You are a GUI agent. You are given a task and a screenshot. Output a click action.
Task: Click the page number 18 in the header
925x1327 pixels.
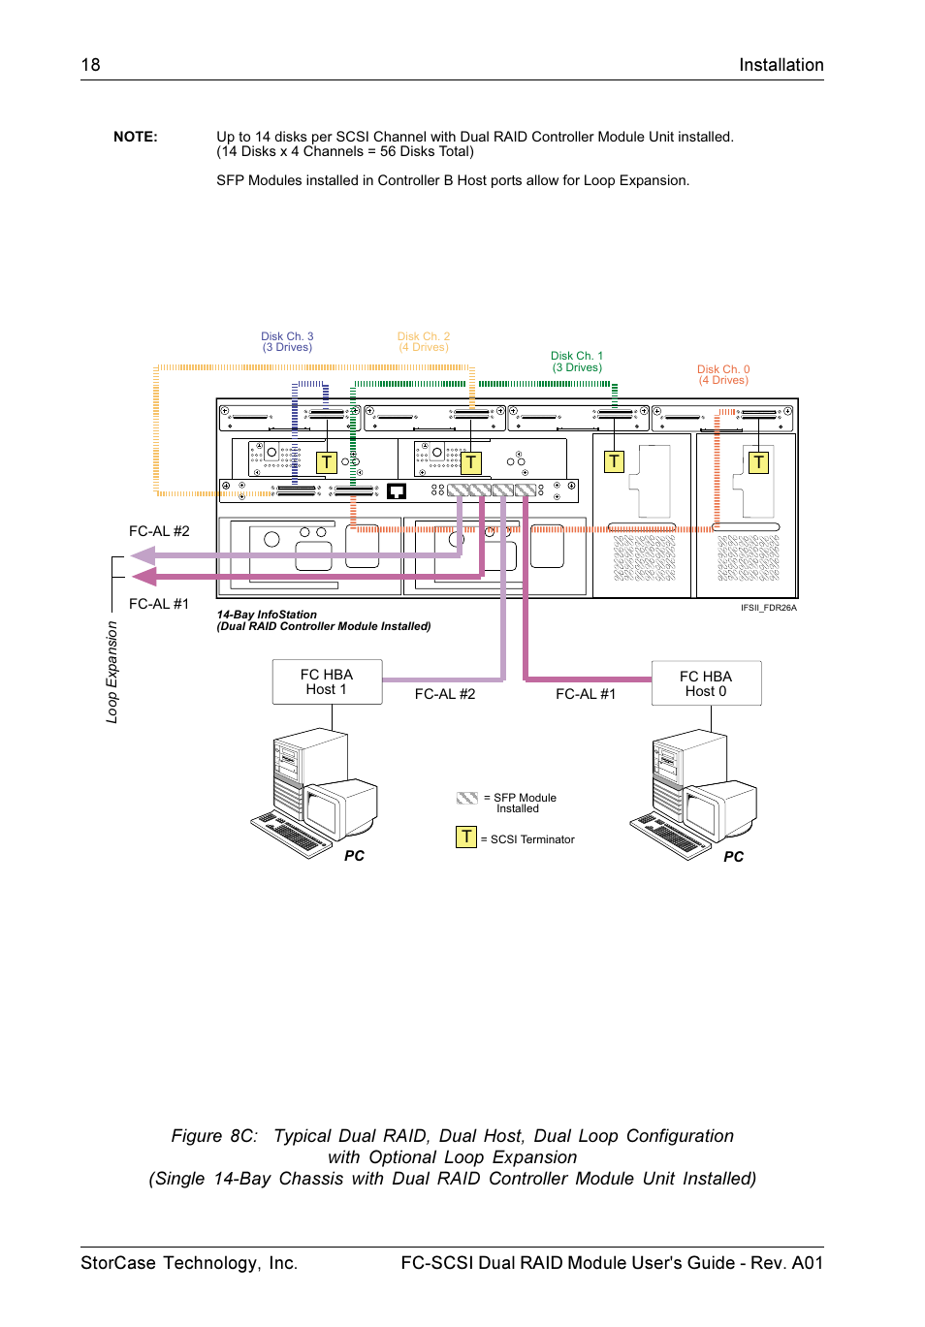pos(90,65)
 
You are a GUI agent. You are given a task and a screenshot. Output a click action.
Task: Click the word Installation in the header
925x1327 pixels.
pos(781,65)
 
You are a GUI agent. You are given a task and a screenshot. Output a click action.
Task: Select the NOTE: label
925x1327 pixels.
pos(135,137)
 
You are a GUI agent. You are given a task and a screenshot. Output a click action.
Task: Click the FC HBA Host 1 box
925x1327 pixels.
pos(327,681)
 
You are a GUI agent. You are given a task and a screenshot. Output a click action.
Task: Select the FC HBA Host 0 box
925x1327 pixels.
pos(706,683)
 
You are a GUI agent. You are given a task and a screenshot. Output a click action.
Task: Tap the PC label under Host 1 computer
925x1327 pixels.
pos(355,856)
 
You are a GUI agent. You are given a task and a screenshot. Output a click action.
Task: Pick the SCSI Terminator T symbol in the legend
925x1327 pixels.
pos(466,837)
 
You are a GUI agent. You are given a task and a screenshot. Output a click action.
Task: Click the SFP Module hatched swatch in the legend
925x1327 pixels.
pos(467,798)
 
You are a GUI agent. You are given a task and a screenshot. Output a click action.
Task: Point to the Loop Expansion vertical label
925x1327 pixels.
pos(112,672)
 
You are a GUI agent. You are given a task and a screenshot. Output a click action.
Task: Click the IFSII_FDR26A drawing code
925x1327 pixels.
pos(768,608)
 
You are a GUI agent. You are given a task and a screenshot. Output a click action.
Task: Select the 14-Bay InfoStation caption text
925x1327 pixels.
pos(267,615)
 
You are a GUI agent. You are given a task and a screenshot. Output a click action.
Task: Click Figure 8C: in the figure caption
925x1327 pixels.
pos(214,1136)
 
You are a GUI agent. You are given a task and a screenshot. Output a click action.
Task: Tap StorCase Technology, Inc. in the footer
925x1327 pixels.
pos(189,1263)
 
